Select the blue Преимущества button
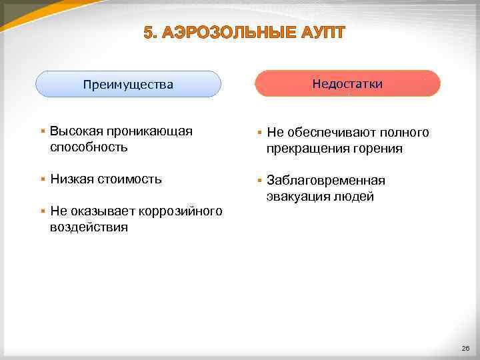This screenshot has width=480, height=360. click(x=128, y=85)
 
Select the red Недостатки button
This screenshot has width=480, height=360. click(x=347, y=83)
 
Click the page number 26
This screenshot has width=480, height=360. click(x=465, y=349)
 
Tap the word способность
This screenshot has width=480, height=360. click(x=89, y=147)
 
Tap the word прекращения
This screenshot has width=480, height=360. click(x=307, y=148)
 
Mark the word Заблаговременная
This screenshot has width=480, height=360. click(x=325, y=181)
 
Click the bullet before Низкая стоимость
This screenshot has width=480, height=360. click(x=42, y=179)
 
